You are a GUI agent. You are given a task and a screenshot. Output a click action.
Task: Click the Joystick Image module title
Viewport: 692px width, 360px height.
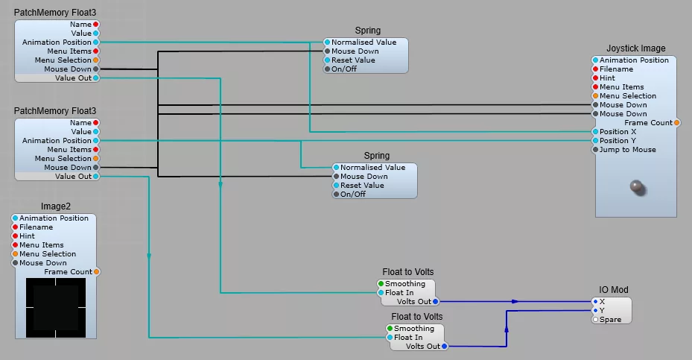(x=635, y=48)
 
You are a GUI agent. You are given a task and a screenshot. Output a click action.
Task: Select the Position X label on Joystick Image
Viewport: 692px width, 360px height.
(x=618, y=132)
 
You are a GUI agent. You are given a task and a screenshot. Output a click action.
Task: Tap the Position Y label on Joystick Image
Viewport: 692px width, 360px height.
(x=618, y=141)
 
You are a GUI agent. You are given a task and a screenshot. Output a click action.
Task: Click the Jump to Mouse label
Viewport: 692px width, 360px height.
(x=627, y=150)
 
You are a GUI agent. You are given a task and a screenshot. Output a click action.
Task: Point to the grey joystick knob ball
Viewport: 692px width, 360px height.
(x=636, y=188)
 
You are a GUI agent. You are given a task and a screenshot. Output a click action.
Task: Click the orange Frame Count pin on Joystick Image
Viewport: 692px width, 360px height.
(x=676, y=123)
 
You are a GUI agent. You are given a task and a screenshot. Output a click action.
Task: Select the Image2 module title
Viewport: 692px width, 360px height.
(x=56, y=206)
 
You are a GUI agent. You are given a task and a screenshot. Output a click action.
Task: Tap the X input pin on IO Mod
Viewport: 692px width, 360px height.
(x=595, y=302)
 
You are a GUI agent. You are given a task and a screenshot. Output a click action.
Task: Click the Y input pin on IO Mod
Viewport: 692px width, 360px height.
(x=595, y=311)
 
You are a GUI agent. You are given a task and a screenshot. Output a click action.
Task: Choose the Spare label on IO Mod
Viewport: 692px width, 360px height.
(x=610, y=320)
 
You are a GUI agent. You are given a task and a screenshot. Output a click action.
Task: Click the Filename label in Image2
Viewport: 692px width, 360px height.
(x=36, y=227)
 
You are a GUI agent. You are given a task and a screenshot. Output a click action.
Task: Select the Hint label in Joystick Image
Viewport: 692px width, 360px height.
(x=607, y=78)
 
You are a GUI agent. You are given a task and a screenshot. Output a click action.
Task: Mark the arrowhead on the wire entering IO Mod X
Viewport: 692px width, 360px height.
(x=515, y=302)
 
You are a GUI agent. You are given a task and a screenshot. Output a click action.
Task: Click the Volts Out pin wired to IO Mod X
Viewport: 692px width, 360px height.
(x=436, y=302)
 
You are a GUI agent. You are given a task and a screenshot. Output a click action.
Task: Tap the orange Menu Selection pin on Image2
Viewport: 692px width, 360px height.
(x=15, y=254)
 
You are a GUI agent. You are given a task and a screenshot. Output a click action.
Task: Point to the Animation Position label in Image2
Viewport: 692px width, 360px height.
(x=54, y=218)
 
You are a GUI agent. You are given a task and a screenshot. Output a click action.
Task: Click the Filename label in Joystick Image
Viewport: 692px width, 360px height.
(x=616, y=69)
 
